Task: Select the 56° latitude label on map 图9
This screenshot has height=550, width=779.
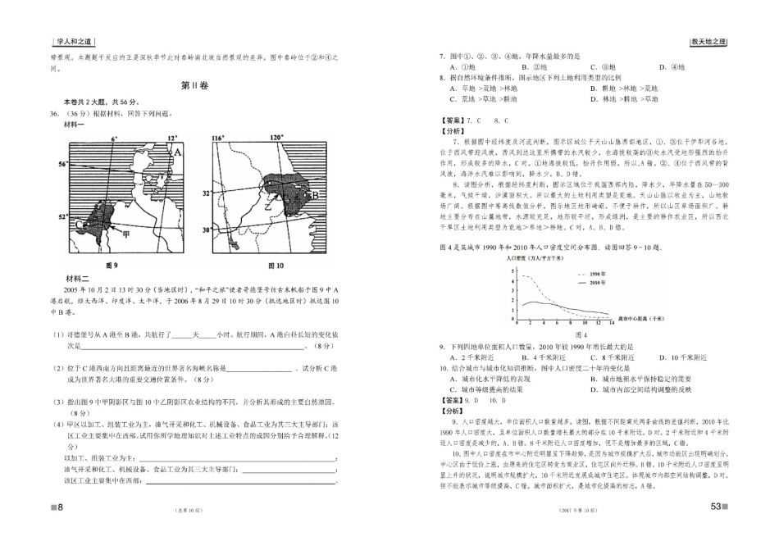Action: [62, 165]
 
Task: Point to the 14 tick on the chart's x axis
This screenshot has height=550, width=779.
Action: [610, 325]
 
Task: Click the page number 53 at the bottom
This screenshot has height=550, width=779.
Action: [714, 506]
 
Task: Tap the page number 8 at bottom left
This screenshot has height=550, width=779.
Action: [58, 507]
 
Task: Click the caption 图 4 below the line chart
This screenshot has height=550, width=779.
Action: [581, 335]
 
